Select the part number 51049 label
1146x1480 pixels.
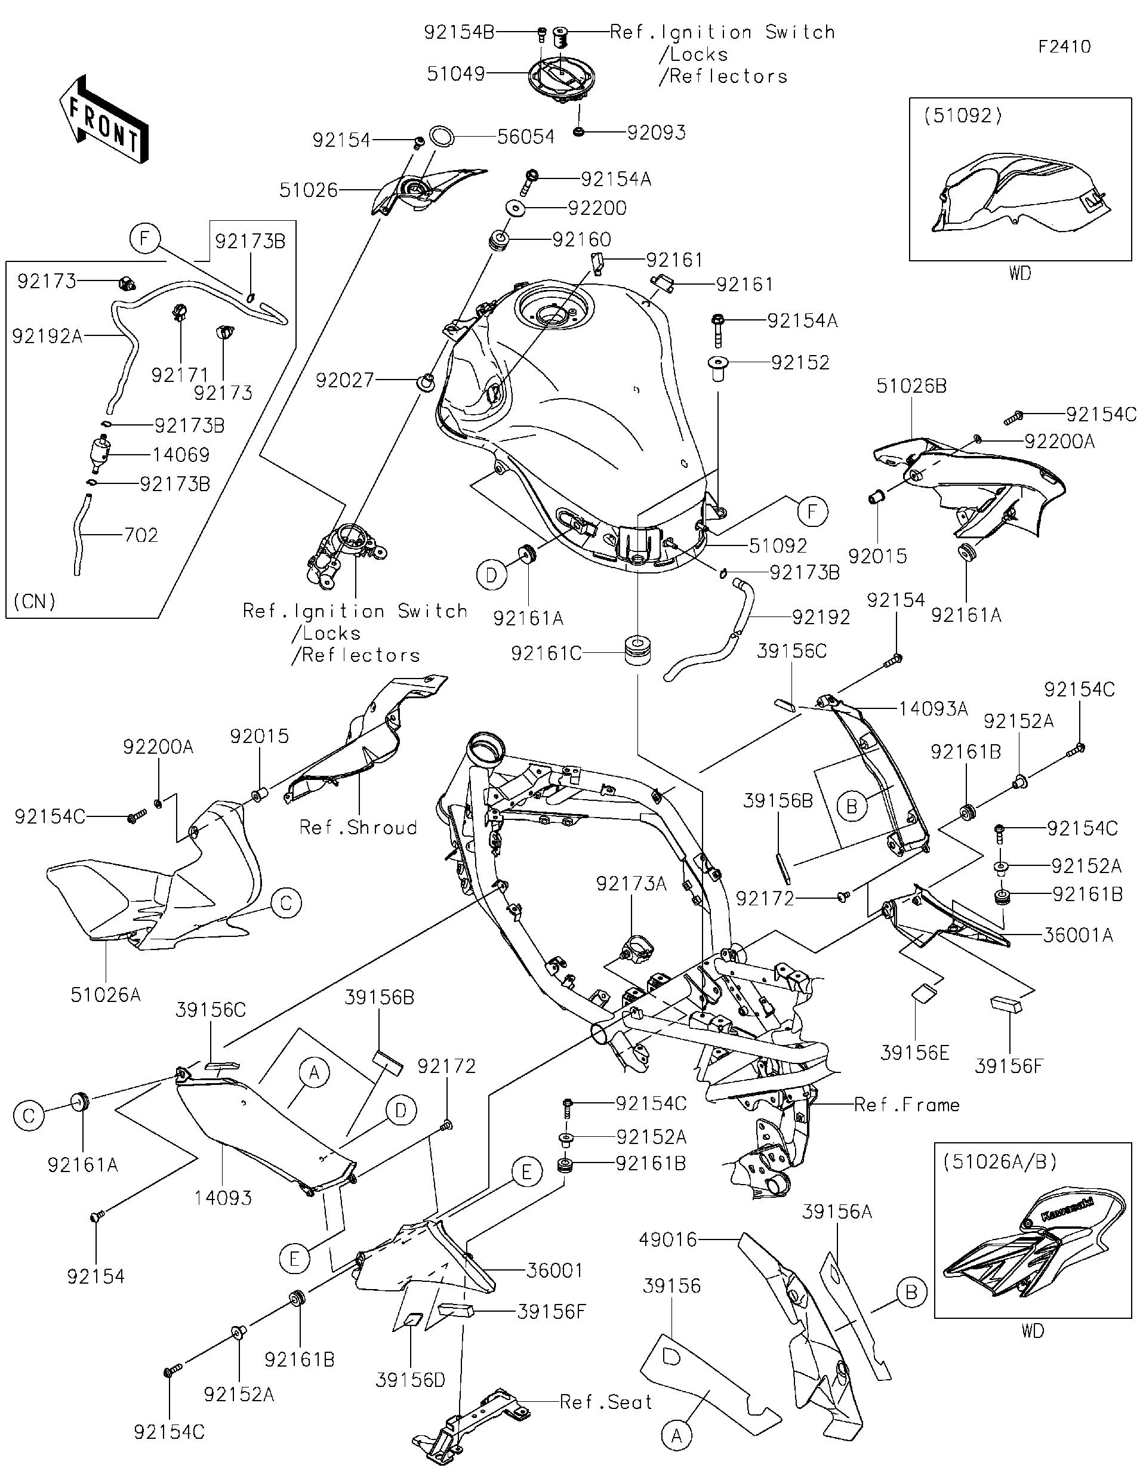click(x=455, y=73)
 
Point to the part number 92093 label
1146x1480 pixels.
click(x=655, y=132)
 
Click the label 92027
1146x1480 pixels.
click(x=344, y=380)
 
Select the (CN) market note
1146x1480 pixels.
click(x=35, y=601)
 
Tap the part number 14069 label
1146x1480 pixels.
click(x=180, y=455)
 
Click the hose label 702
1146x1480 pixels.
click(x=141, y=535)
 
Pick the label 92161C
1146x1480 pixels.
click(x=546, y=653)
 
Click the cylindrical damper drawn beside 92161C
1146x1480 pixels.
click(x=637, y=650)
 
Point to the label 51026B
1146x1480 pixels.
click(x=911, y=386)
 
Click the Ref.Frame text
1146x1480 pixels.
click(x=906, y=1105)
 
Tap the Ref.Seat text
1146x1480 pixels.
click(x=606, y=1402)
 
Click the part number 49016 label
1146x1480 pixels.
click(x=667, y=1240)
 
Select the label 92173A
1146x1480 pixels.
click(x=631, y=884)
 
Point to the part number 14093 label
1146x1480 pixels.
click(x=223, y=1198)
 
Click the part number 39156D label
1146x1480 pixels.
click(x=411, y=1380)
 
